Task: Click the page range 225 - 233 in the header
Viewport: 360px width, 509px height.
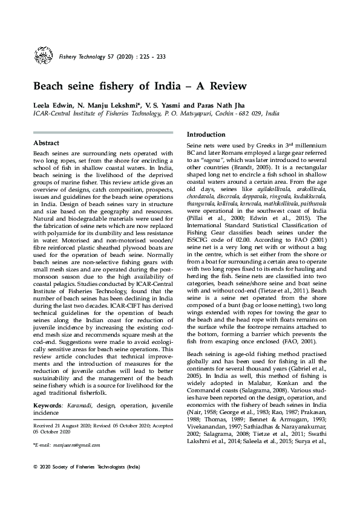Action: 151,57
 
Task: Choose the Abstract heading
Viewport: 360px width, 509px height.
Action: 46,143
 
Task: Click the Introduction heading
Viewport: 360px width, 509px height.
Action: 206,134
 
